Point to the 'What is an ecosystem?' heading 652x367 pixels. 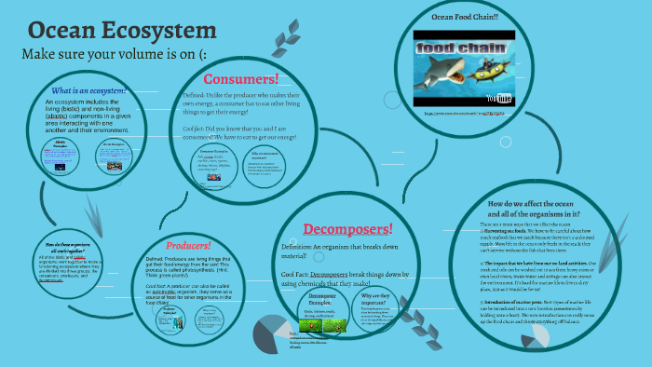pyautogui.click(x=89, y=90)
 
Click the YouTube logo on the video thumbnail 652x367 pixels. pyautogui.click(x=503, y=97)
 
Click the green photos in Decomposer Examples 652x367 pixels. pyautogui.click(x=322, y=324)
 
